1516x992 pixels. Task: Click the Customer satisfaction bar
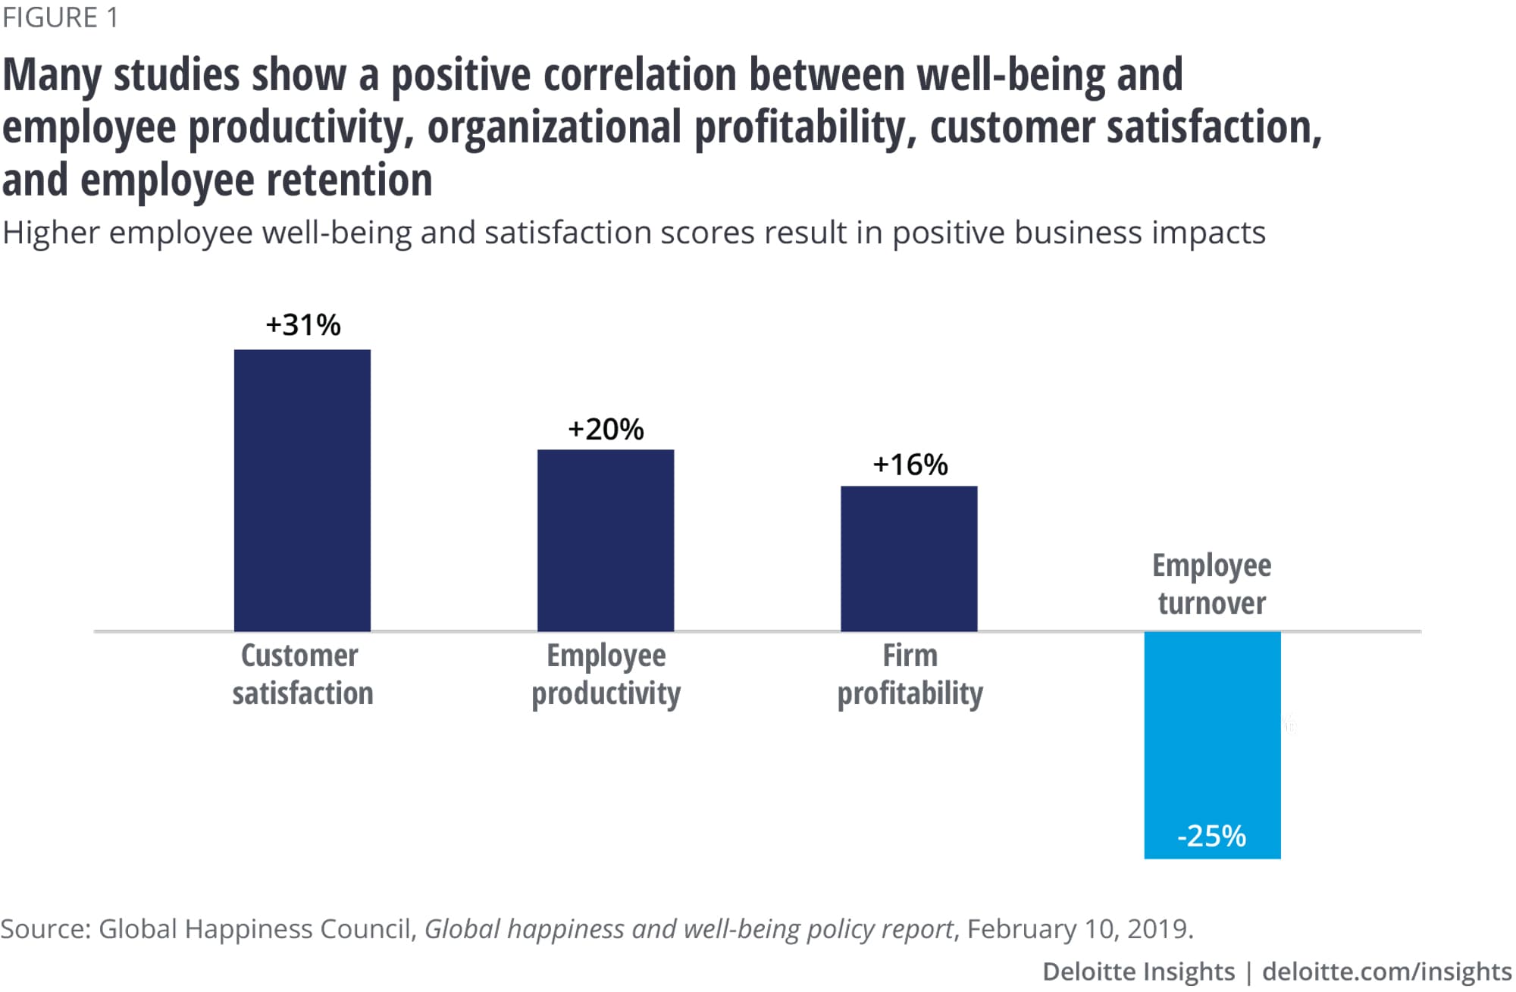click(302, 490)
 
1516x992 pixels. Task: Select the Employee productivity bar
click(605, 540)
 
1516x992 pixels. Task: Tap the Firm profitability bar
click(908, 558)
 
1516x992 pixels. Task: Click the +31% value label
click(303, 325)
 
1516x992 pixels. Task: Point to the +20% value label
click(606, 430)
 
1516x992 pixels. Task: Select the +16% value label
click(910, 465)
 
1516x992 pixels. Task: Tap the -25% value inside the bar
click(1211, 836)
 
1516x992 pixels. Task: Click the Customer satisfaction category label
click(302, 674)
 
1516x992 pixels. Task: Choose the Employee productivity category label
click(606, 674)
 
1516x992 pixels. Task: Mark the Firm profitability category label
click(910, 674)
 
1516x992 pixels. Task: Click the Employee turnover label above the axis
click(1211, 584)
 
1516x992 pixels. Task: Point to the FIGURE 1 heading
click(61, 17)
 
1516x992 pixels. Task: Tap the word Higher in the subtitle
click(51, 233)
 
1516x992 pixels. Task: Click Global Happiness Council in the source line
click(255, 928)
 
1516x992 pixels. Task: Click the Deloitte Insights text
click(1138, 971)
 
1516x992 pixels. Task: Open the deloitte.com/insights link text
click(1386, 971)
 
